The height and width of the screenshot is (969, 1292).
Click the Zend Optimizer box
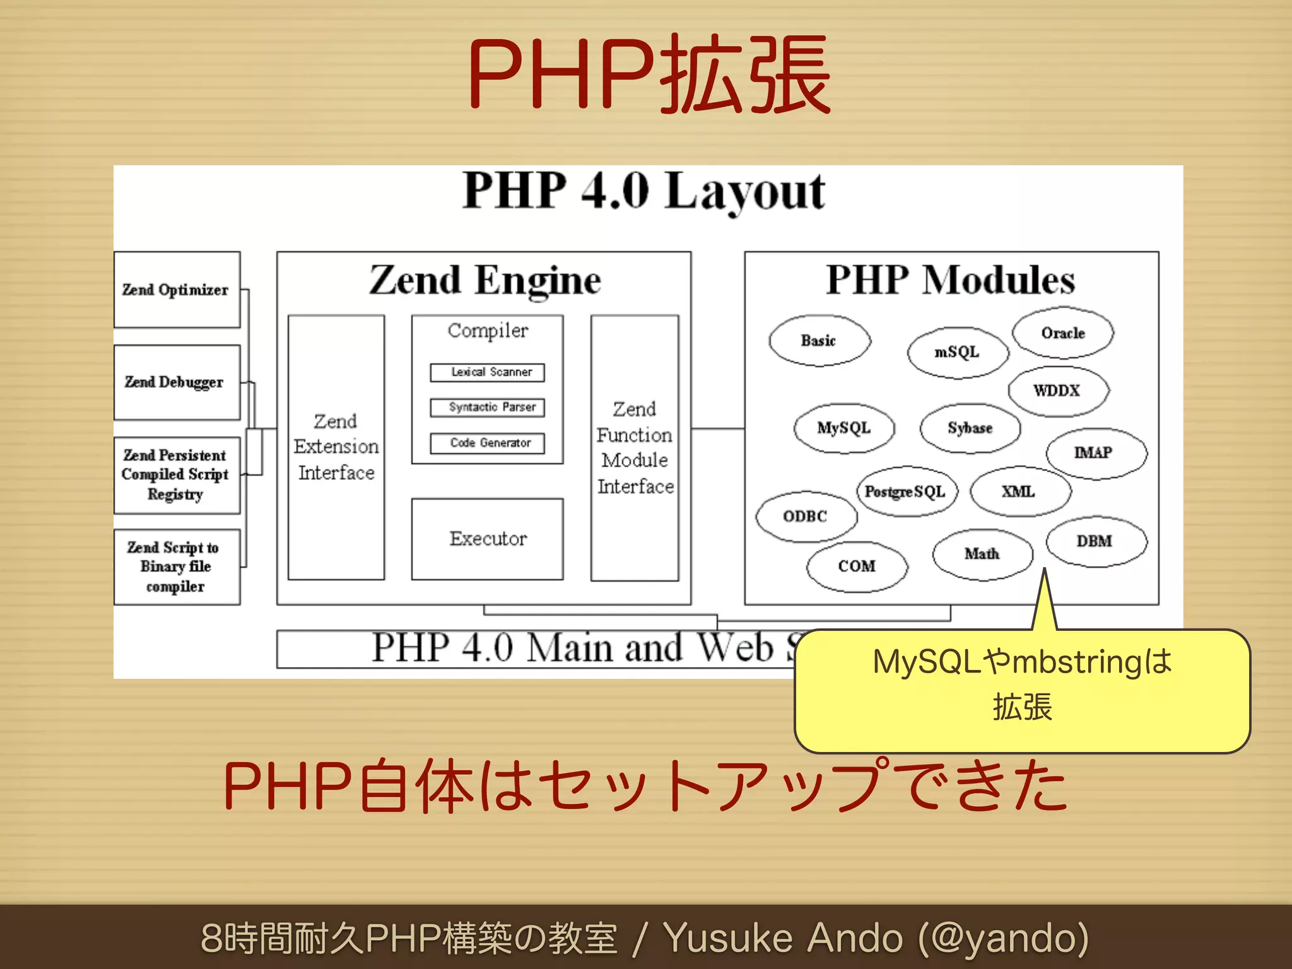(177, 290)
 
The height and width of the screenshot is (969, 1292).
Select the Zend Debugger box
(177, 382)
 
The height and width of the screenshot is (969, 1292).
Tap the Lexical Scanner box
(487, 372)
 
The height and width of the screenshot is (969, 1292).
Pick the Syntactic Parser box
(487, 408)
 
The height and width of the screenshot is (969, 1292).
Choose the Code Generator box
(487, 443)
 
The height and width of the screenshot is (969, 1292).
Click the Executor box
(487, 539)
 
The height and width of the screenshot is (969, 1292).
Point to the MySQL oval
(844, 428)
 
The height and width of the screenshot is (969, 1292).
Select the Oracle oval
(1063, 333)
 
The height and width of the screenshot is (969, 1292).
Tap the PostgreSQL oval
(906, 492)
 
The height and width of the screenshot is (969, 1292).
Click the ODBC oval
(806, 517)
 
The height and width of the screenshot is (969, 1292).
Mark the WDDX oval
(1058, 391)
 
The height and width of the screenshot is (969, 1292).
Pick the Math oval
(982, 554)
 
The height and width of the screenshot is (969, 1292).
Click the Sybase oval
(970, 428)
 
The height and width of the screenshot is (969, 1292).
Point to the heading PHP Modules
(951, 279)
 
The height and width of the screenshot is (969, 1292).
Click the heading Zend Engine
(484, 279)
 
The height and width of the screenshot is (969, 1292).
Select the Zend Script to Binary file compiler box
(177, 567)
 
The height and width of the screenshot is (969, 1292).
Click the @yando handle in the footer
(1003, 938)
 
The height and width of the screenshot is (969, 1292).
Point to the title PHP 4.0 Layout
(643, 191)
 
